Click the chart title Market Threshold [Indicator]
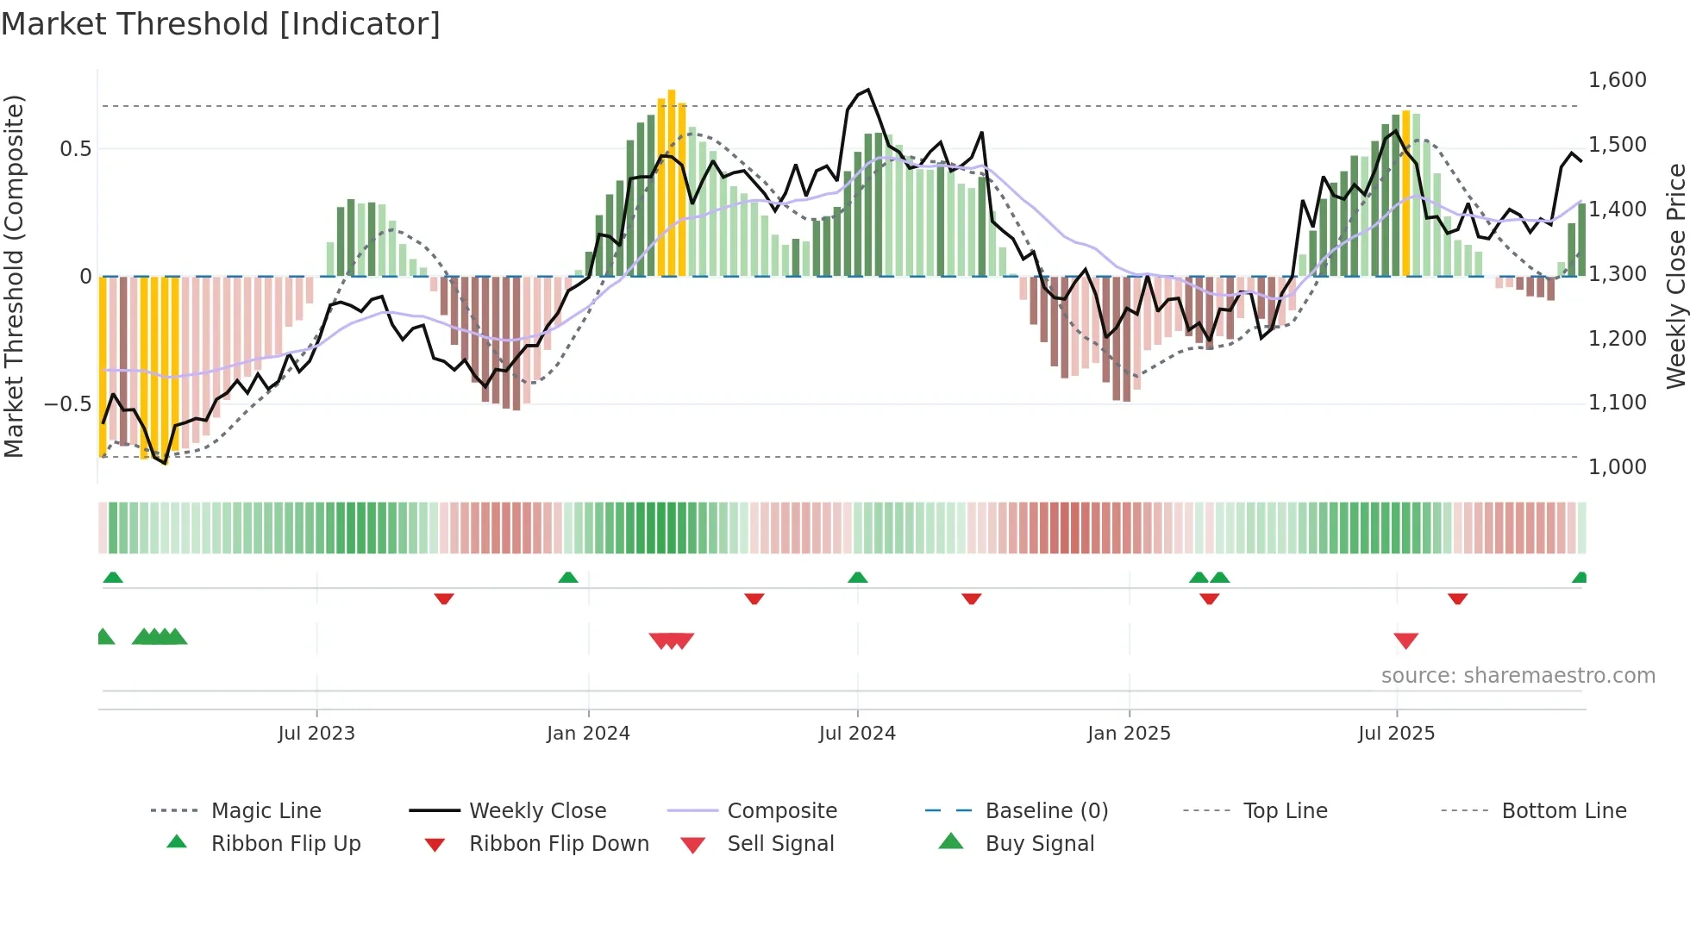(221, 24)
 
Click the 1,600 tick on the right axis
(1617, 80)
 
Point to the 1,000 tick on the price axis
(1617, 467)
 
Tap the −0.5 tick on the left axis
(67, 404)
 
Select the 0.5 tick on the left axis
(75, 149)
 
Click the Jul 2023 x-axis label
(316, 734)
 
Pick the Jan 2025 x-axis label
(1129, 734)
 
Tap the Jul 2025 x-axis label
(1396, 734)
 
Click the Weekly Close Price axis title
(1675, 276)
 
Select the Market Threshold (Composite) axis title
(14, 276)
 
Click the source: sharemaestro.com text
(1518, 676)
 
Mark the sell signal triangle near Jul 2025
(1405, 641)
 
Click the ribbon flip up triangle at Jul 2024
(857, 578)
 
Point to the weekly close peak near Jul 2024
(867, 90)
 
